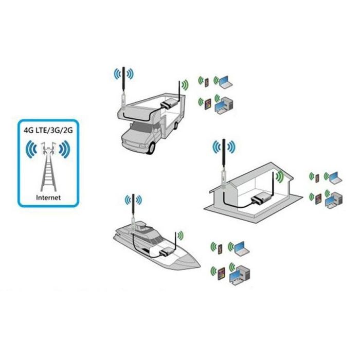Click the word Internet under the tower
(x=48, y=197)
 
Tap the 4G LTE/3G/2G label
(x=48, y=130)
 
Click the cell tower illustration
(x=48, y=167)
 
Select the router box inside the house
(x=261, y=199)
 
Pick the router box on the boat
(x=167, y=252)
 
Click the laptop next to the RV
(x=226, y=82)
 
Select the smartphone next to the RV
(x=207, y=82)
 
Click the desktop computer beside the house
(x=334, y=200)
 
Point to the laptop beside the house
(x=336, y=178)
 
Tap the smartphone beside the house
(x=317, y=178)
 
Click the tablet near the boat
(x=221, y=274)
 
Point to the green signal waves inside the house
(x=280, y=177)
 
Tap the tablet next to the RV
(x=208, y=104)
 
